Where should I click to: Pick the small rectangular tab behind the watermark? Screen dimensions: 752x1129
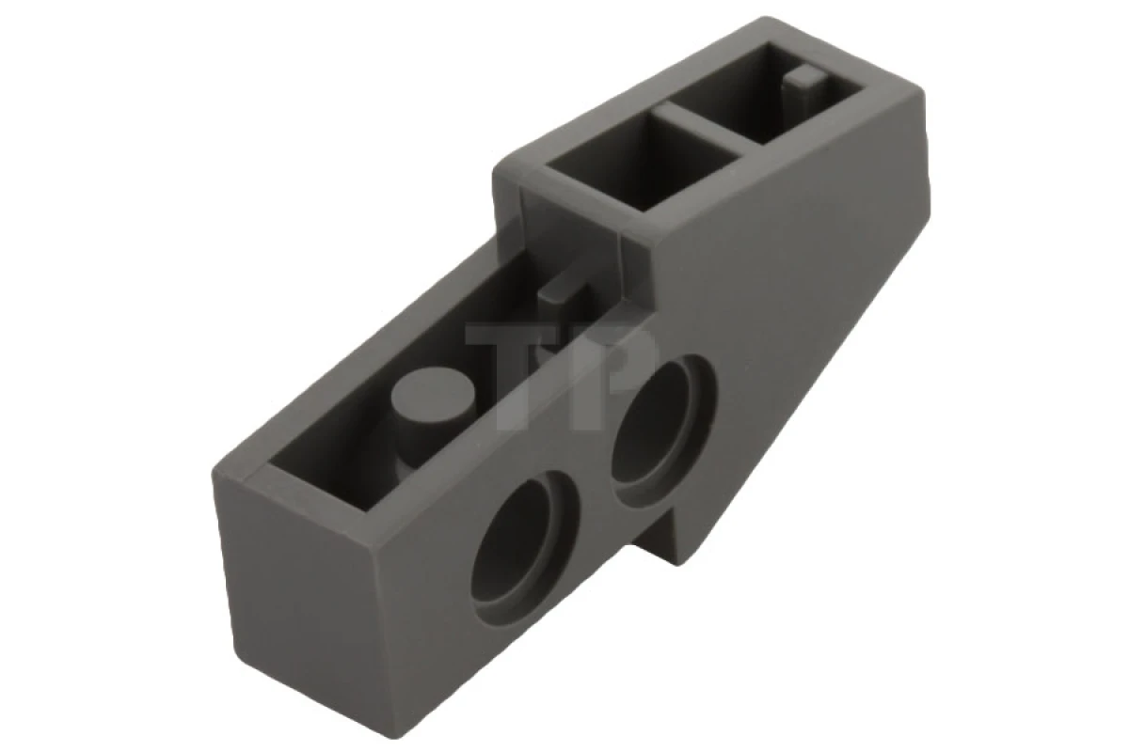point(564,296)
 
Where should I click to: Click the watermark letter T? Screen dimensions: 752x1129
point(508,362)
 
